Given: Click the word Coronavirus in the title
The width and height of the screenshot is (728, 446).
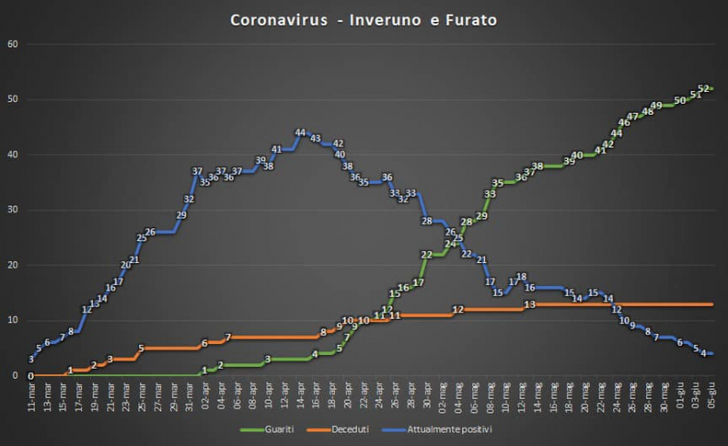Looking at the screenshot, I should click(x=279, y=19).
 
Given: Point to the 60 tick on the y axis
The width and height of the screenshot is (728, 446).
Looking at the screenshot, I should click(x=12, y=44).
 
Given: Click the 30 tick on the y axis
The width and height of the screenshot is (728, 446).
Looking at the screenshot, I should click(x=12, y=209).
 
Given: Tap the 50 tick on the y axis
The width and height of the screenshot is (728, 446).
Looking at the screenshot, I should click(x=12, y=99).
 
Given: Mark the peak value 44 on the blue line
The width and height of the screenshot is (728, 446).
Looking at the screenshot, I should click(x=299, y=133).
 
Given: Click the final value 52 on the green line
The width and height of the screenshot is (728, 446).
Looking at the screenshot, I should click(x=703, y=88).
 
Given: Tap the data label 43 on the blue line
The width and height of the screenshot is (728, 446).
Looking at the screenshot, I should click(x=315, y=138).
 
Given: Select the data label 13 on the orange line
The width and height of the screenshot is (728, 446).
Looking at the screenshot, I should click(x=529, y=304).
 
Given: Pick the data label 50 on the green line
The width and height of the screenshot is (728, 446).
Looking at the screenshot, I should click(x=679, y=100).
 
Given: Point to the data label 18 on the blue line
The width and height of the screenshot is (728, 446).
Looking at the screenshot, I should click(x=521, y=277).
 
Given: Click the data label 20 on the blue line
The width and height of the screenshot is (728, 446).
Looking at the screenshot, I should click(x=126, y=266).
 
